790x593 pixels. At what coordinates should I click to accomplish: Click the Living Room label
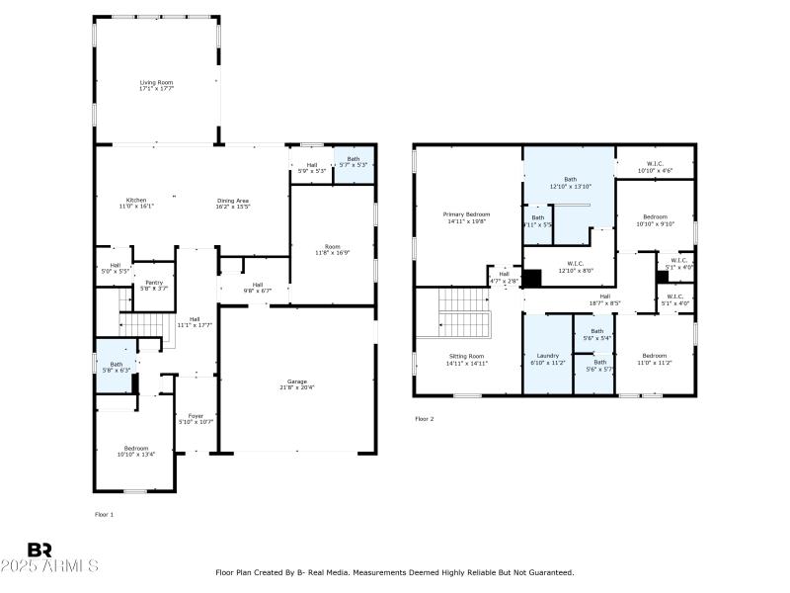tap(157, 82)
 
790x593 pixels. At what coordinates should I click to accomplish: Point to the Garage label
tap(297, 381)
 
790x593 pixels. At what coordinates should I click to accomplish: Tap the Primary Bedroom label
tap(467, 214)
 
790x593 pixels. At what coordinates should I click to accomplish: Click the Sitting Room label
tap(466, 356)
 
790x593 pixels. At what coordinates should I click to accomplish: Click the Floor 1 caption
tap(105, 515)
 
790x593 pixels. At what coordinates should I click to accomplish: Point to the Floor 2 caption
tap(424, 419)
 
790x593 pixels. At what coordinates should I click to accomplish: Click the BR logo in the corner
tap(39, 551)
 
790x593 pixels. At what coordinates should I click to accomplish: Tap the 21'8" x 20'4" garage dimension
tap(297, 387)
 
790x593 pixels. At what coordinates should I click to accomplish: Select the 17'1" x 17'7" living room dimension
tap(157, 89)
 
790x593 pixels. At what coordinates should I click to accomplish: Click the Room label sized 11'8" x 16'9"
tap(333, 246)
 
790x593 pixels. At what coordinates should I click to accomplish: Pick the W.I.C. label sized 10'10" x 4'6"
tap(655, 164)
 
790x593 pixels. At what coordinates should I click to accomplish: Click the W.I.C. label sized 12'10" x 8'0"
tap(577, 264)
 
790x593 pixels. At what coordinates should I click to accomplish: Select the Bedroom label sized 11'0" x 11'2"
tap(655, 356)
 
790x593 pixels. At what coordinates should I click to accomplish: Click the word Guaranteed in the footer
tap(549, 572)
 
